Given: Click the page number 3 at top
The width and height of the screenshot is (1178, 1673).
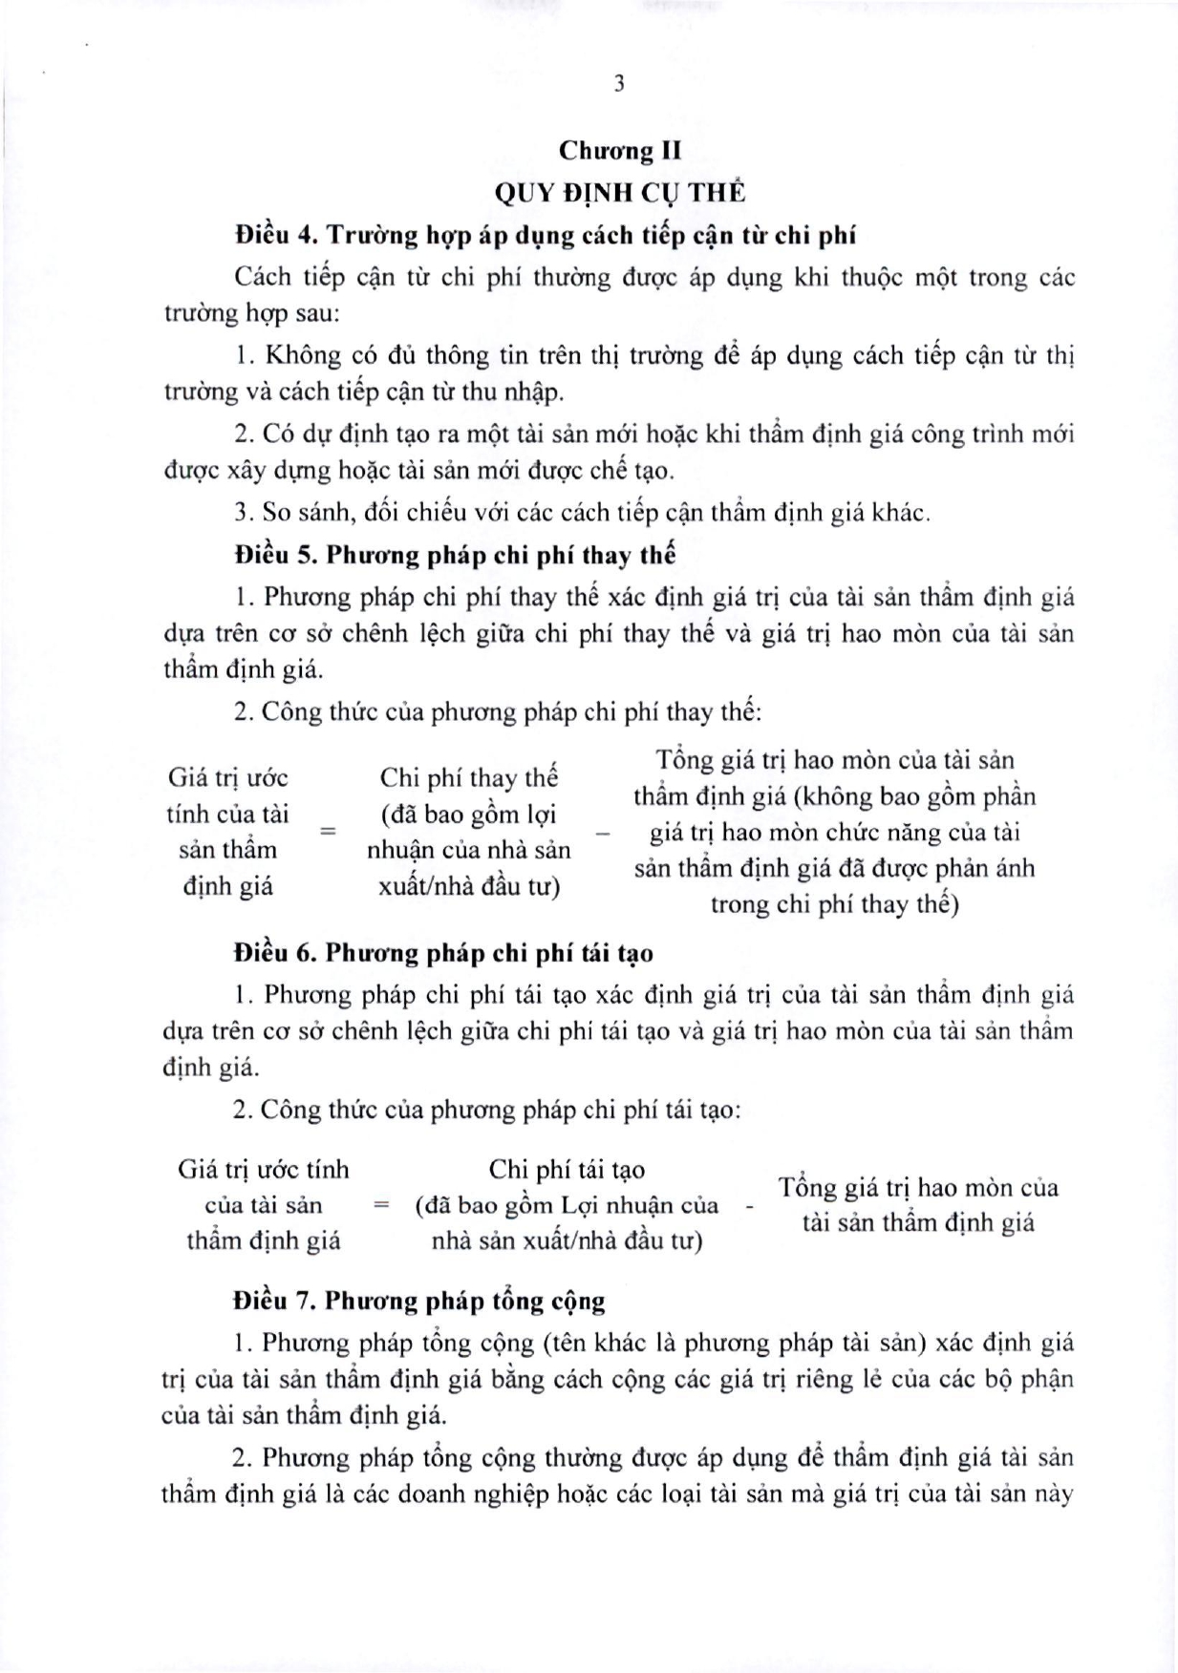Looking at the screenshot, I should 619,84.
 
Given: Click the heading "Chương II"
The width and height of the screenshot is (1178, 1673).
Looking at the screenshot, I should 619,151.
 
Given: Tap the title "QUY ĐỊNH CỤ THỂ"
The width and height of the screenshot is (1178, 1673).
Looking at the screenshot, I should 619,192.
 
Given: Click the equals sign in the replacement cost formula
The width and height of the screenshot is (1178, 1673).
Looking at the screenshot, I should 328,831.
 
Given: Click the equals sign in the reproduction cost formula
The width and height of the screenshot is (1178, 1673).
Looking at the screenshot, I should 381,1205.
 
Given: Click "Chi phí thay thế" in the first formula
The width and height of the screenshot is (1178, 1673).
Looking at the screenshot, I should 468,778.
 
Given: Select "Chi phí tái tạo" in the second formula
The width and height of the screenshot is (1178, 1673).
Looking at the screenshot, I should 567,1170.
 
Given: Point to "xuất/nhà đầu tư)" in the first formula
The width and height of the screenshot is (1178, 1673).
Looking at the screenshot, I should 468,886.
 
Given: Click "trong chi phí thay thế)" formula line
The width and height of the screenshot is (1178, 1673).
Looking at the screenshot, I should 834,904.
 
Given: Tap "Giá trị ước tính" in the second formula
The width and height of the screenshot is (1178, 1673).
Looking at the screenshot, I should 264,1170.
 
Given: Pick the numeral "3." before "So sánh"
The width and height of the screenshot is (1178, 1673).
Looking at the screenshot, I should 244,513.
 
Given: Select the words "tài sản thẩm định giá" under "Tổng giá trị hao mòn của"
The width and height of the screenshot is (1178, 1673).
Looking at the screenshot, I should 917,1223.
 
